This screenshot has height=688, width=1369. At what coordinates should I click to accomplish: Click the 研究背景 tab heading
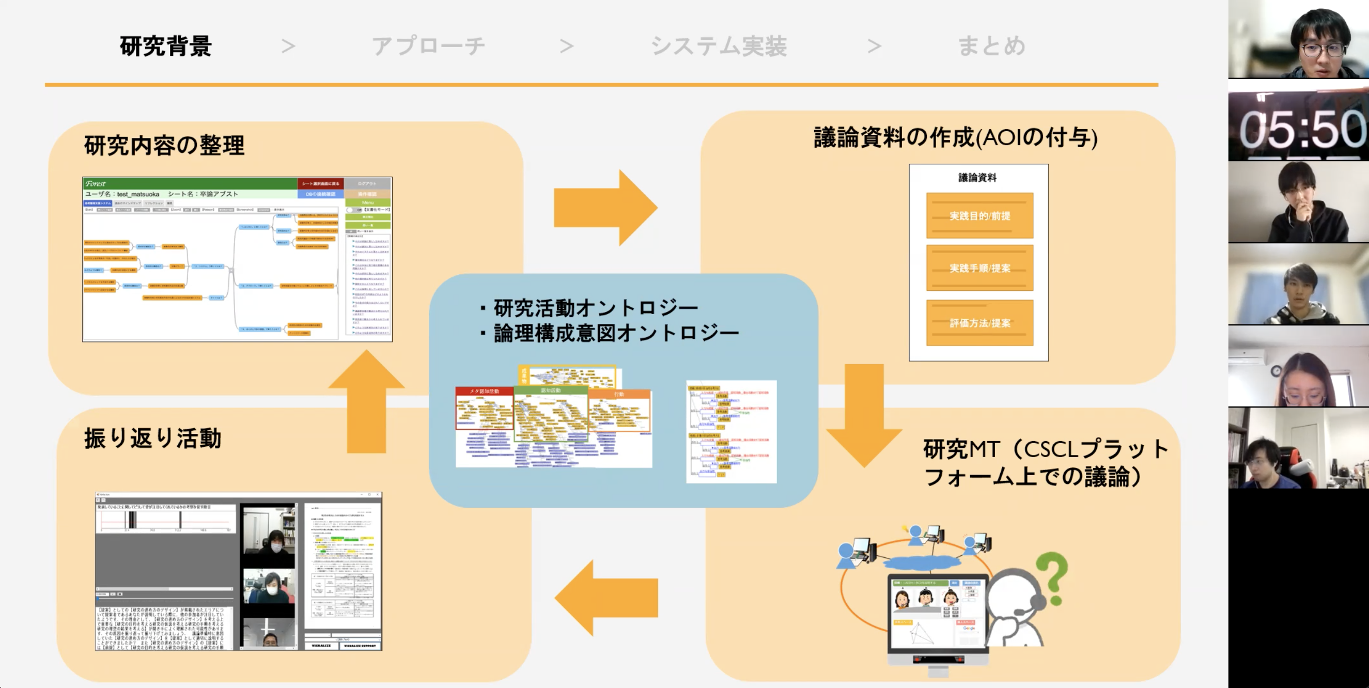tap(166, 46)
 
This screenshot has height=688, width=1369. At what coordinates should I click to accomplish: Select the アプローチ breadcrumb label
tap(428, 46)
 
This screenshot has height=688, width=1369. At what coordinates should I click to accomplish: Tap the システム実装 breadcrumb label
tap(719, 46)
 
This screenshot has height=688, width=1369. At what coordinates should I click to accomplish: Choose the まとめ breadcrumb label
tap(991, 46)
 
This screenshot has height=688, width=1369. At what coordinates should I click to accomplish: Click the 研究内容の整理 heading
tap(164, 146)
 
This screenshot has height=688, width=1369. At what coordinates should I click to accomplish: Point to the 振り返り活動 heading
tap(152, 439)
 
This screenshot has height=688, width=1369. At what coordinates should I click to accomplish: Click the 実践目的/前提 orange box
tap(979, 216)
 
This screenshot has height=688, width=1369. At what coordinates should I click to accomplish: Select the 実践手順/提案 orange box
tap(979, 268)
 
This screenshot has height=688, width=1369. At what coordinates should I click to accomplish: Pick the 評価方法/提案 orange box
tap(979, 323)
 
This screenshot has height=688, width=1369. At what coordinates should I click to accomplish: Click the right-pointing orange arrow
tap(605, 208)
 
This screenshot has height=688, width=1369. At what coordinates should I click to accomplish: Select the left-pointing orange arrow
tap(606, 598)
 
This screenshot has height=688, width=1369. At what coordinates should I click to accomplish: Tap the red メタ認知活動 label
tap(484, 391)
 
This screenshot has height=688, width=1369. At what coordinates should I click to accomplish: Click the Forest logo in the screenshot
tap(96, 184)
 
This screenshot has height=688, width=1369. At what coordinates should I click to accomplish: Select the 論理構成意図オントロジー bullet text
tap(616, 334)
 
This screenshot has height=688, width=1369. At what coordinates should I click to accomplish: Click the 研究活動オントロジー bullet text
tap(595, 308)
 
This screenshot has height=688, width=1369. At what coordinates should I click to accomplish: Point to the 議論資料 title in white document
tap(977, 178)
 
